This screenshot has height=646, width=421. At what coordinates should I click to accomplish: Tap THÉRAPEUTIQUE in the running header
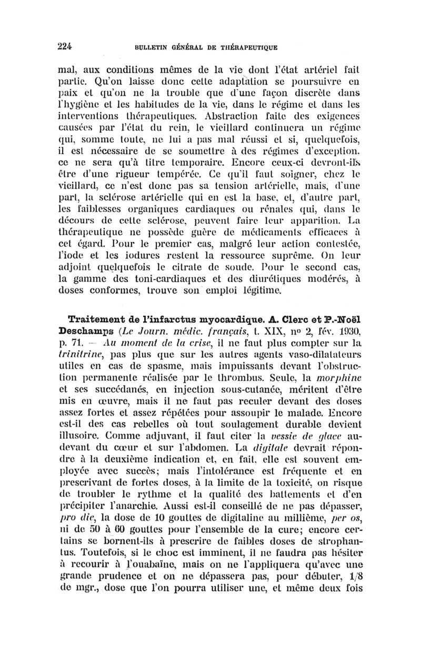(244, 46)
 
